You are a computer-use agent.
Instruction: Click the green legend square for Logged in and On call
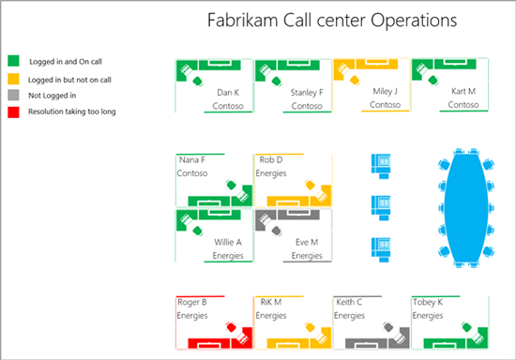(12, 59)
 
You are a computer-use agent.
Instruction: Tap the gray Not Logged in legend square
(12, 95)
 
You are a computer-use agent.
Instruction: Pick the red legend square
(12, 112)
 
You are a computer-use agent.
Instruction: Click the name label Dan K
(228, 93)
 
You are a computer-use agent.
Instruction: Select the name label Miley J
(385, 91)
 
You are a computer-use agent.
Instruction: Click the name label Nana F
(191, 160)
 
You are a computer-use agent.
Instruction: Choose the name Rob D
(272, 160)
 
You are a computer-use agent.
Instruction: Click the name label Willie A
(228, 242)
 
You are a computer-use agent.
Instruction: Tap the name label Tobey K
(429, 303)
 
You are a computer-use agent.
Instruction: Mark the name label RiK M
(270, 303)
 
